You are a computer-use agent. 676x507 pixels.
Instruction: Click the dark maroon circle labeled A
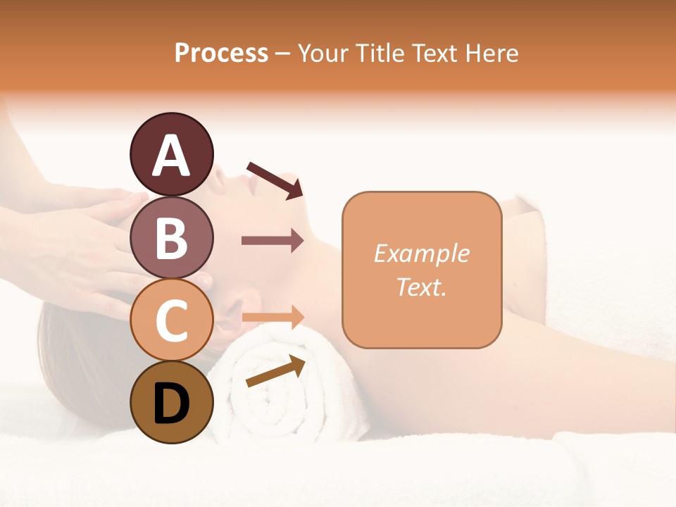172,154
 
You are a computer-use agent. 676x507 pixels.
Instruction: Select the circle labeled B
172,237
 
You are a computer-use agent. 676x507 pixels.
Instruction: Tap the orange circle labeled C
172,320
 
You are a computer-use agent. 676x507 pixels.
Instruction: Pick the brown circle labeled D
172,402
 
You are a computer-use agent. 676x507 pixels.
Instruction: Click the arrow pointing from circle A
275,180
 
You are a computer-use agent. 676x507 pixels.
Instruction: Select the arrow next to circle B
273,241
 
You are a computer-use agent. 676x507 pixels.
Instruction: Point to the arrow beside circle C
273,318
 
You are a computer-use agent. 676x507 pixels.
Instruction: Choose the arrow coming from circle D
275,371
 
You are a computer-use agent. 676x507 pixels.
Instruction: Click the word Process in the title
221,53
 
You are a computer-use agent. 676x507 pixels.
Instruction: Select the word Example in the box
421,254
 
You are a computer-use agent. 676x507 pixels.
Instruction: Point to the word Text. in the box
421,287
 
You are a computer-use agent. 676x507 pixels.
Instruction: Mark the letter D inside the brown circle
172,403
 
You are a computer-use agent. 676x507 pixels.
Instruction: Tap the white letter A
172,156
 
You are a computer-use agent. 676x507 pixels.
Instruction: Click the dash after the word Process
283,54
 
